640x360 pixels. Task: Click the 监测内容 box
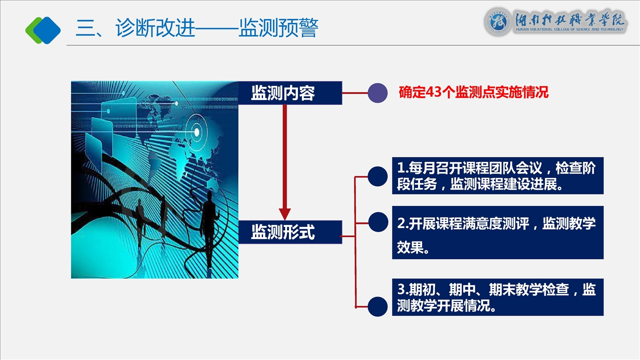[x=290, y=93]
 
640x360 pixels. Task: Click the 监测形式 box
[x=290, y=232]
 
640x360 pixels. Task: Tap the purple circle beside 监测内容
[x=377, y=93]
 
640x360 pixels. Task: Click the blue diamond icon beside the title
[x=47, y=30]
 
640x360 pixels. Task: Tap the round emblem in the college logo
[x=497, y=22]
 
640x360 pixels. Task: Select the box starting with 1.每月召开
[x=497, y=175]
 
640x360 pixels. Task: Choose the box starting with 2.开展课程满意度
[x=497, y=232]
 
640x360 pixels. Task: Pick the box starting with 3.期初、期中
[x=497, y=297]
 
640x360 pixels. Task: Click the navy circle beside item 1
[x=377, y=176]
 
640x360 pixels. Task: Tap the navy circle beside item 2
[x=378, y=222]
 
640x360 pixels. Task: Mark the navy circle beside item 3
[x=377, y=306]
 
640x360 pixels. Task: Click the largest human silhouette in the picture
[x=209, y=228]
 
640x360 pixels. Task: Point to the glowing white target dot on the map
[x=197, y=132]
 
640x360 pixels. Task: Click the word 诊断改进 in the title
[x=155, y=28]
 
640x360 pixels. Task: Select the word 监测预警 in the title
[x=278, y=28]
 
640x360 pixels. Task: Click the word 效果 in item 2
[x=410, y=247]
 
